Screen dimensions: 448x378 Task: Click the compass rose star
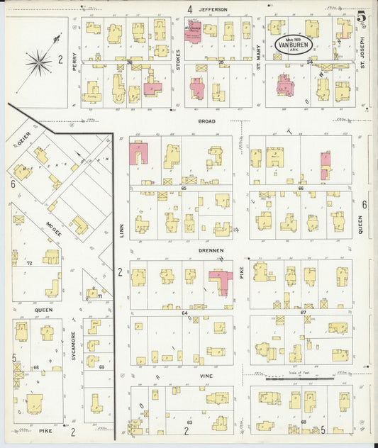click(x=38, y=62)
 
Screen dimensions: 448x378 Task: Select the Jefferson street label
click(x=213, y=9)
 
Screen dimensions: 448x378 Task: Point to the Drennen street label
click(x=211, y=250)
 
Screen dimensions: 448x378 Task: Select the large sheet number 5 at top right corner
click(x=362, y=16)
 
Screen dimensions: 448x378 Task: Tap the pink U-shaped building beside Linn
click(x=138, y=153)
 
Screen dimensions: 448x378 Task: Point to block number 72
click(x=30, y=263)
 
